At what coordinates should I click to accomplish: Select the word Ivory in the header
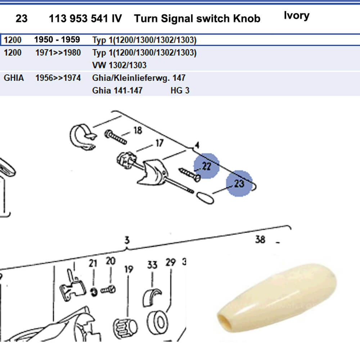[x=296, y=15]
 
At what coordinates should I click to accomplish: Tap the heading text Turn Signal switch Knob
[x=197, y=18]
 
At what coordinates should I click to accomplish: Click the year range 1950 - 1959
[x=57, y=39]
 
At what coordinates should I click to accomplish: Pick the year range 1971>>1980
[x=58, y=53]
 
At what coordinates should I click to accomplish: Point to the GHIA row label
[x=14, y=77]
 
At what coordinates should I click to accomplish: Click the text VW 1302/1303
[x=119, y=65]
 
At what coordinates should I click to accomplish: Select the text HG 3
[x=180, y=90]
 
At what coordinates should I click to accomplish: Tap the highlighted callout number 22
[x=206, y=166]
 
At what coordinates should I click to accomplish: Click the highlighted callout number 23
[x=239, y=183]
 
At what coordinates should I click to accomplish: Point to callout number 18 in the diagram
[x=138, y=130]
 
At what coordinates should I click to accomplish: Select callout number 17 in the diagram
[x=159, y=143]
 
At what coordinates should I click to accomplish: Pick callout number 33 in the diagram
[x=152, y=265]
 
